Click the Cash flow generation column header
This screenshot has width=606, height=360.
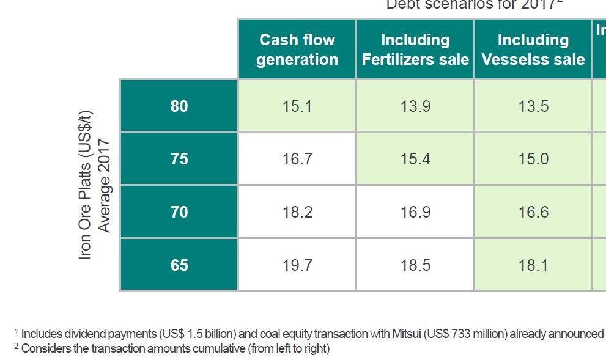(297, 50)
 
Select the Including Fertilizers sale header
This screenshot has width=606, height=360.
(415, 50)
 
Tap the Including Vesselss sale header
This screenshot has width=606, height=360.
(533, 50)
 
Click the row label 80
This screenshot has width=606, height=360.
(179, 106)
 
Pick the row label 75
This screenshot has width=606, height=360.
(179, 159)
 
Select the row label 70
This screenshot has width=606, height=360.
(179, 212)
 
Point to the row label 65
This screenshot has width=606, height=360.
(179, 265)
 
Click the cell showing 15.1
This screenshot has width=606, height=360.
(297, 106)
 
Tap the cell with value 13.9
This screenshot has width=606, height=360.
(415, 106)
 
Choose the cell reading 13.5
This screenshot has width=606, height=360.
(533, 106)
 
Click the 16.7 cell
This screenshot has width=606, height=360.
(297, 159)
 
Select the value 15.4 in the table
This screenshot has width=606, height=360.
(415, 159)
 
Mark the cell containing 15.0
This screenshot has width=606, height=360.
(533, 159)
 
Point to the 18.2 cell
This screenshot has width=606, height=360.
(297, 212)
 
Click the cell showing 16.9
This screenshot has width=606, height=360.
(415, 212)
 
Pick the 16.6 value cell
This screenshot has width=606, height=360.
(533, 212)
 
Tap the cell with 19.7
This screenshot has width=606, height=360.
(297, 265)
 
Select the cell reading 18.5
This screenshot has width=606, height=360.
(415, 265)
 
